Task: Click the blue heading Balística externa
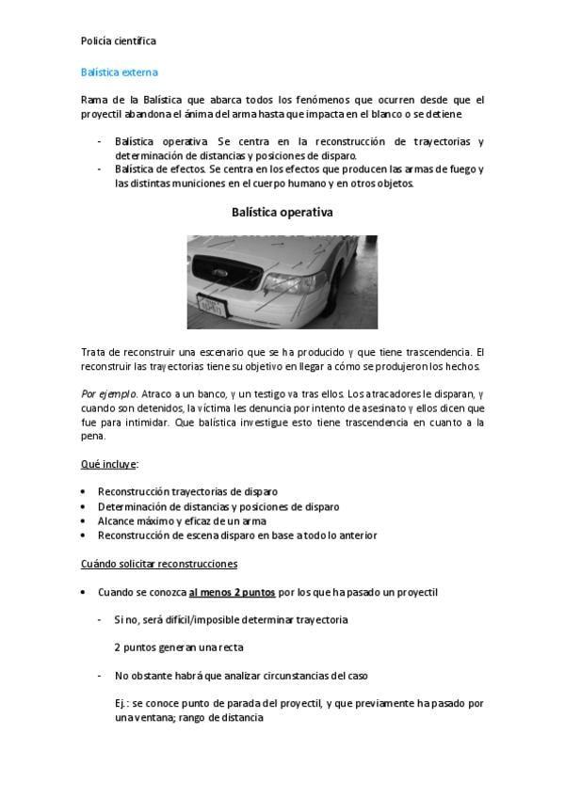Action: (119, 72)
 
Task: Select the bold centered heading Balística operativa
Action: (282, 213)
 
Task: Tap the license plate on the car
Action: (212, 305)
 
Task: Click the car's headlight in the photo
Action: (295, 281)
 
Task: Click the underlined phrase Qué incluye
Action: (109, 465)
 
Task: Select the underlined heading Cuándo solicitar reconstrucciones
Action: (159, 564)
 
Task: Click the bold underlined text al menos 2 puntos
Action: (232, 593)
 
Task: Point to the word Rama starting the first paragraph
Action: (95, 100)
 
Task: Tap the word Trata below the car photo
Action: (96, 352)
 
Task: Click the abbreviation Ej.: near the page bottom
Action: (122, 703)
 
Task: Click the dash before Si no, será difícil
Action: (101, 620)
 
